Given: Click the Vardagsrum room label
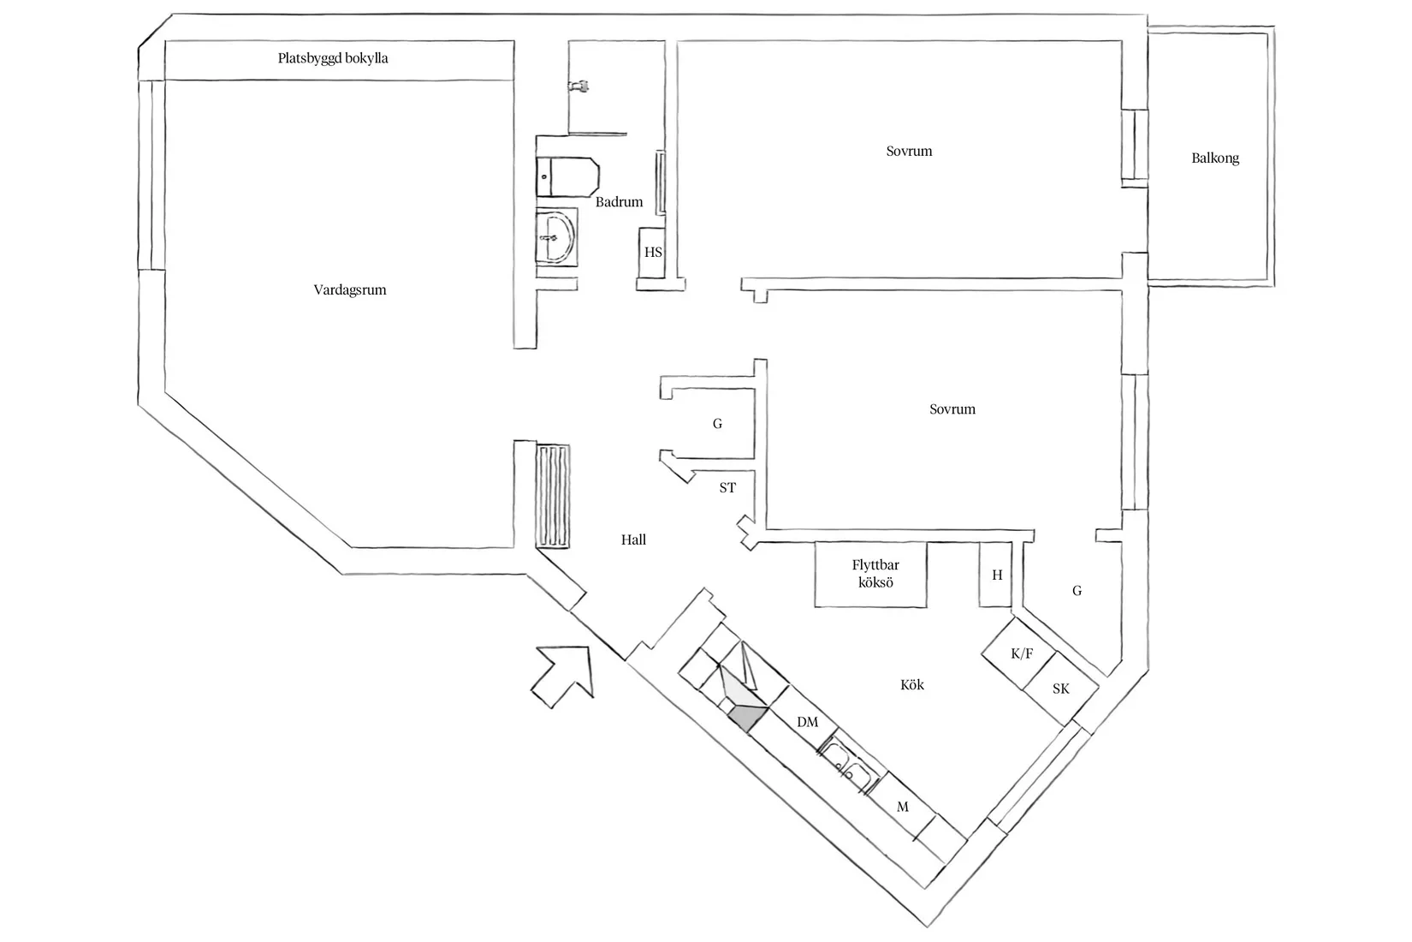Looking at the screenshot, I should click(349, 289).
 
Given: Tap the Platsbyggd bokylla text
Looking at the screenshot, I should click(333, 58).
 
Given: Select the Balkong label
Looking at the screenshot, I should click(1214, 158).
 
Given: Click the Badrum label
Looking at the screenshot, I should click(619, 202).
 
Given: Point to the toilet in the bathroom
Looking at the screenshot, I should click(567, 176).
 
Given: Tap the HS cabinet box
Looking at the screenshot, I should click(652, 253).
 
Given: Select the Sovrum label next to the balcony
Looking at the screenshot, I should click(909, 151).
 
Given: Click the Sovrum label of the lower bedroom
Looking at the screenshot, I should click(952, 409).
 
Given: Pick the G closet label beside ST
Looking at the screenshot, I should click(717, 423).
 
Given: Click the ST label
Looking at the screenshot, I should click(727, 488).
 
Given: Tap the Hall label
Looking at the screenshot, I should click(633, 540).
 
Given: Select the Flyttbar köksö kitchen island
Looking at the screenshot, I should click(871, 574).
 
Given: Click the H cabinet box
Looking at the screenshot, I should click(996, 575).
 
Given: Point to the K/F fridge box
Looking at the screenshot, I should click(1021, 654).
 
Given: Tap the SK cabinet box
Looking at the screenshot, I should click(1060, 689).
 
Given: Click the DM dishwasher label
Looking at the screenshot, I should click(807, 722).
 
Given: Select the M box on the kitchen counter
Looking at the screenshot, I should click(902, 807).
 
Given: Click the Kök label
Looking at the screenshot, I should click(912, 685).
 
